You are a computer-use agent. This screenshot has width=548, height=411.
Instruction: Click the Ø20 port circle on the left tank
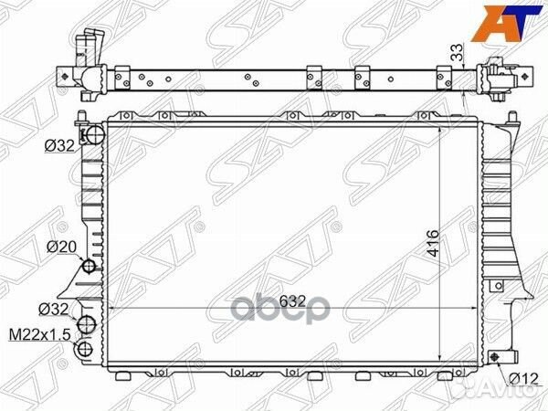(x=90, y=267)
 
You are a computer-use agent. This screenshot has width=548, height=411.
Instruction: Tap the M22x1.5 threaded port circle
(x=86, y=348)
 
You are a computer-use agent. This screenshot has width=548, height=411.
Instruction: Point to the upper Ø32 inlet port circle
(x=90, y=137)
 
